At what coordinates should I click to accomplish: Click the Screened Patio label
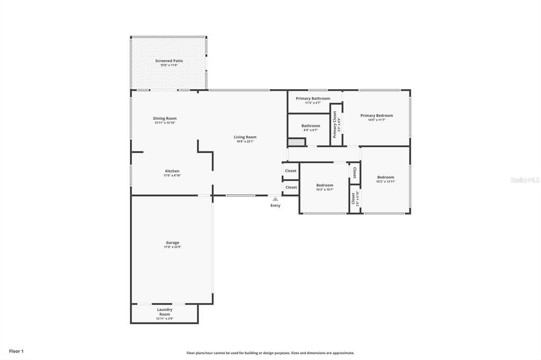[x=169, y=61]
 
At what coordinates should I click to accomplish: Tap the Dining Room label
[x=165, y=118]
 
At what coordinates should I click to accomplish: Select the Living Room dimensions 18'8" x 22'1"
[x=245, y=141]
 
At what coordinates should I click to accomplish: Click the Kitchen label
[x=172, y=171]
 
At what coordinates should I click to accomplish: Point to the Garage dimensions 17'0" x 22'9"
[x=172, y=247]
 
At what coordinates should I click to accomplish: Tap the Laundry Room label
[x=164, y=312]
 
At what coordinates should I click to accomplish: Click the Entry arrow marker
[x=275, y=199]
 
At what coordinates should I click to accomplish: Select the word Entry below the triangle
[x=275, y=205]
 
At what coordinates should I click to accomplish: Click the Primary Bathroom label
[x=313, y=99]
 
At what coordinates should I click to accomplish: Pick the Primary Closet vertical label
[x=334, y=124]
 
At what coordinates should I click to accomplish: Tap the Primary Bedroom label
[x=377, y=116]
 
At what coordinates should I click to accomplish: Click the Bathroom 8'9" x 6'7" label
[x=311, y=127]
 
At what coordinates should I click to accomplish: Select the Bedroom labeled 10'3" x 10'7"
[x=324, y=187]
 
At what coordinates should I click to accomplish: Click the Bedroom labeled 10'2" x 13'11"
[x=386, y=179]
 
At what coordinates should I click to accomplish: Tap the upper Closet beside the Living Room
[x=291, y=170]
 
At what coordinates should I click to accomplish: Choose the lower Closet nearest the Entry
[x=291, y=187]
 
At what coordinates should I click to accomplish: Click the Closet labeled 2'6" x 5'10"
[x=354, y=198]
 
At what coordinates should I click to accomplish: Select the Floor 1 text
[x=16, y=351]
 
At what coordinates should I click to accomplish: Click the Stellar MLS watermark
[x=525, y=180]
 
